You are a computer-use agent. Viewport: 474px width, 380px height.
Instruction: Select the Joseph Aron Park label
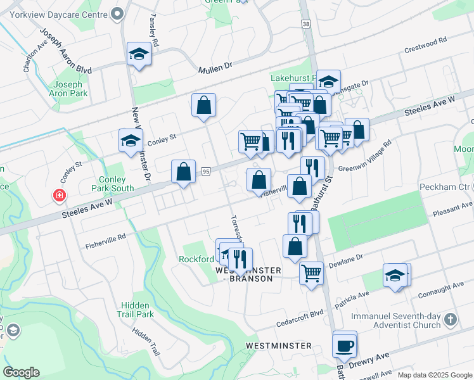click(68, 89)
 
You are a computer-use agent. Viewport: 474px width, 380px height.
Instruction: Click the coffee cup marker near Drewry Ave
click(345, 346)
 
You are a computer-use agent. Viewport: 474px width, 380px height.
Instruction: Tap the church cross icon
click(450, 319)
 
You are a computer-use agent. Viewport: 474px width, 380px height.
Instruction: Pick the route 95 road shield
click(205, 171)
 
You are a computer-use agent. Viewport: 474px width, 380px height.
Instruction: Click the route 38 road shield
click(307, 24)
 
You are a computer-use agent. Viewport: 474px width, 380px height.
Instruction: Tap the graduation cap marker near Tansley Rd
click(138, 55)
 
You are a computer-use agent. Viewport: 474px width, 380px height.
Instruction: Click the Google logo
click(21, 372)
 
